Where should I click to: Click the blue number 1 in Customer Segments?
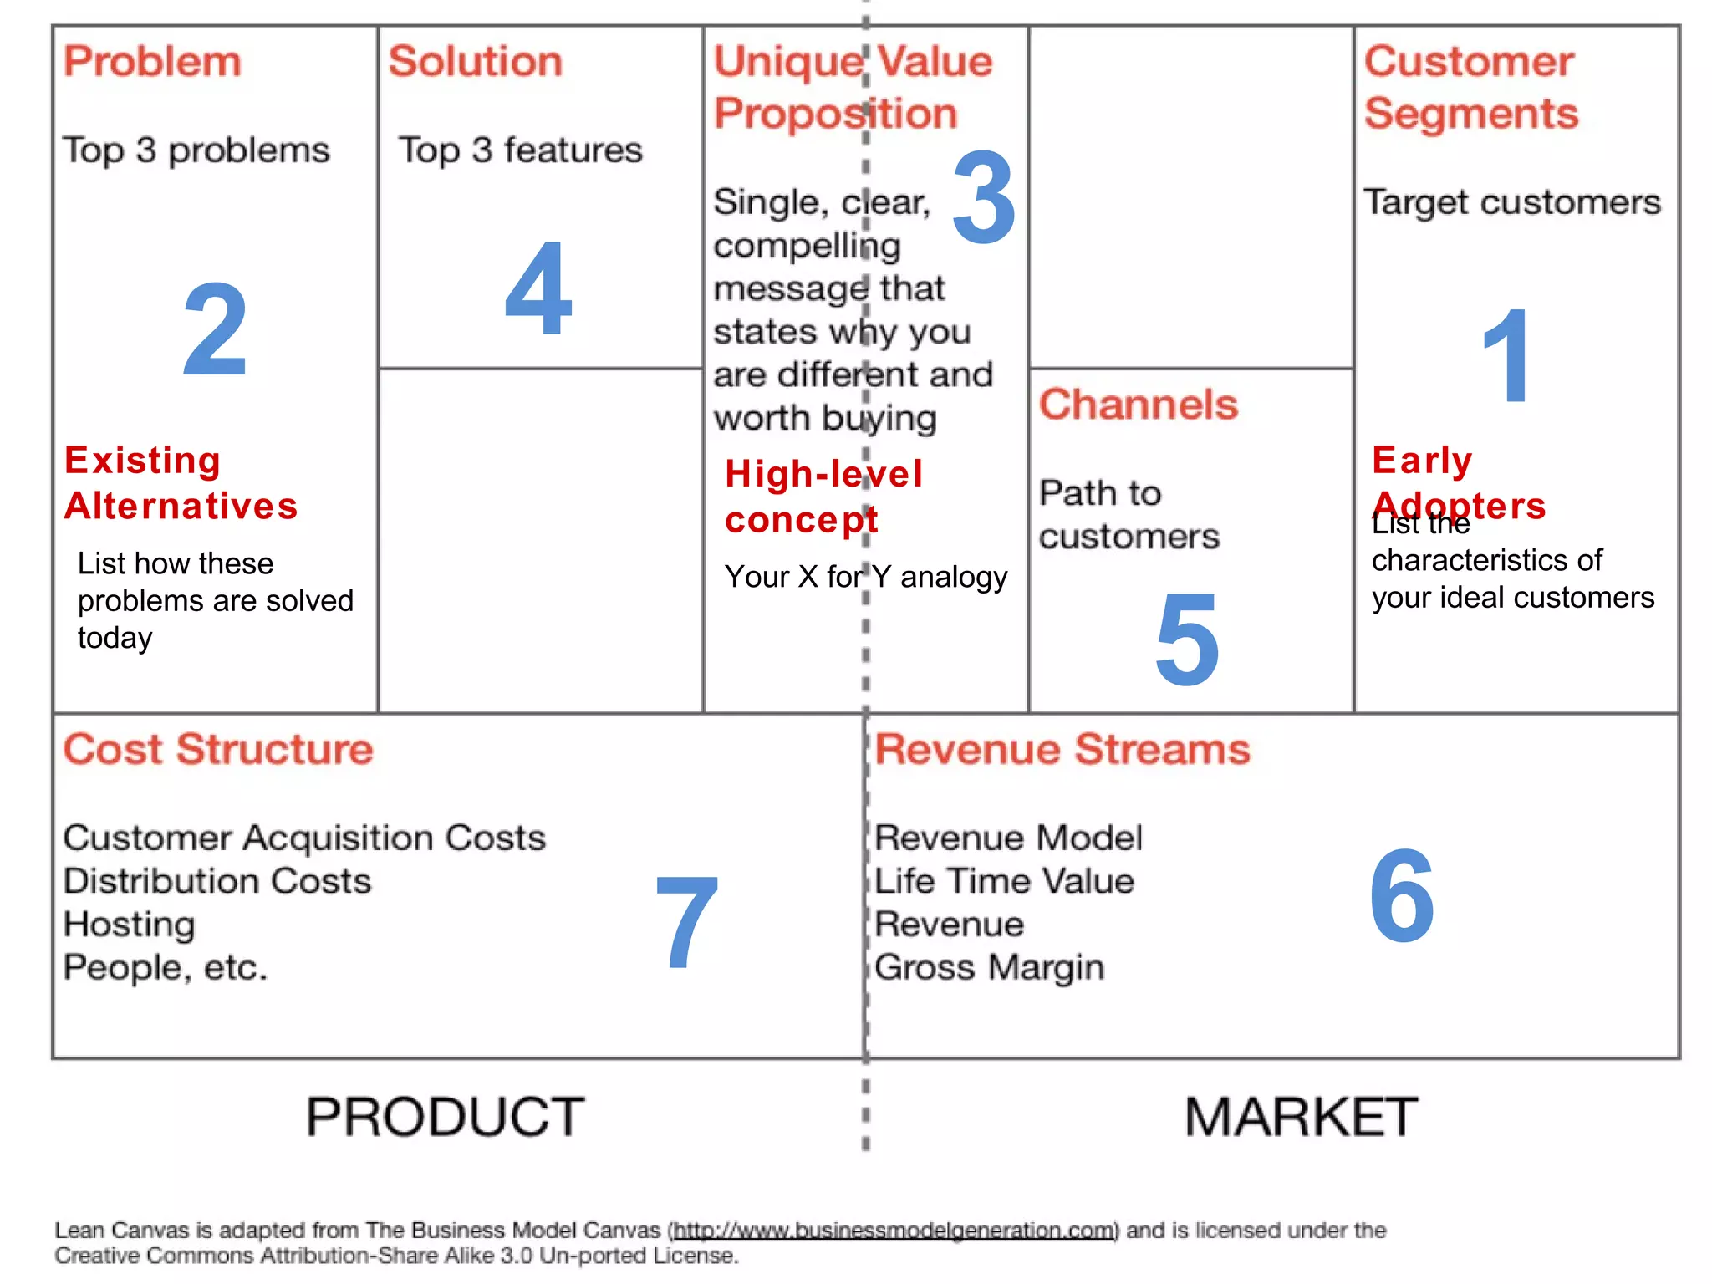(1506, 356)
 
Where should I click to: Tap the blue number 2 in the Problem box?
(215, 329)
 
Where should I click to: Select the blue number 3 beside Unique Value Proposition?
(984, 198)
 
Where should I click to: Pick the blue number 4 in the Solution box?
(538, 288)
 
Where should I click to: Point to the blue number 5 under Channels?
(1187, 639)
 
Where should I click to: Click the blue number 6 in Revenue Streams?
(1402, 895)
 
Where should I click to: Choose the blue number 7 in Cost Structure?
(687, 922)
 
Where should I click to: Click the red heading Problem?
(152, 62)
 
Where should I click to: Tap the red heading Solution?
(476, 62)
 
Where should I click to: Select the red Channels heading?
(1138, 405)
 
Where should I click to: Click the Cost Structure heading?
(218, 749)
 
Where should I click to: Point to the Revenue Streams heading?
(1062, 749)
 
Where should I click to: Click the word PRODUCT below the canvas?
(446, 1117)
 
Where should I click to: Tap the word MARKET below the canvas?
(1302, 1117)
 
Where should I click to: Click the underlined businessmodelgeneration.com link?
(894, 1230)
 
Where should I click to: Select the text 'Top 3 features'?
(520, 150)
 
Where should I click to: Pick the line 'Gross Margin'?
(990, 967)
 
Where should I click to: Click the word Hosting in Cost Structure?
(130, 925)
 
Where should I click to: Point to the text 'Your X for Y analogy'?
(866, 577)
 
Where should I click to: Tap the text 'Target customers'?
(1512, 202)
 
